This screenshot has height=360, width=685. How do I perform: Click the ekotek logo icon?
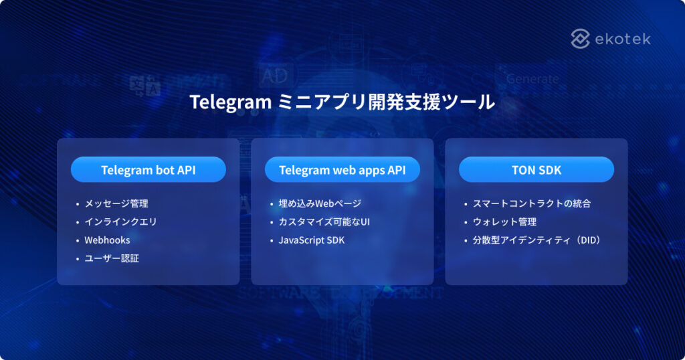[580, 39]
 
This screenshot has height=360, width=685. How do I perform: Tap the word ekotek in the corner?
[622, 39]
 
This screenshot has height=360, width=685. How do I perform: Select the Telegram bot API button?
[148, 170]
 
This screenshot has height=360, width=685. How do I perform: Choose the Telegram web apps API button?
[342, 170]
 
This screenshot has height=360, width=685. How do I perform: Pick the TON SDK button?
[536, 170]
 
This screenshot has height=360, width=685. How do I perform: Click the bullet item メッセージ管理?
[116, 203]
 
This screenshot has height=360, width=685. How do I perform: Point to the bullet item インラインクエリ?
[120, 221]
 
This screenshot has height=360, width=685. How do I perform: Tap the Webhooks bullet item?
[107, 240]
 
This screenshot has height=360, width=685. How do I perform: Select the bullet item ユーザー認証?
[112, 258]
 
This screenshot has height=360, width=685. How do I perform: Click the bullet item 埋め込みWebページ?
[320, 203]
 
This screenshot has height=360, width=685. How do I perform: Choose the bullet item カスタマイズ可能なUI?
[324, 221]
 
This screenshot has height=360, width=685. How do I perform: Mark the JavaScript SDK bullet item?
[312, 240]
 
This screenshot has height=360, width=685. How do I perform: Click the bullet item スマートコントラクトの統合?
[532, 203]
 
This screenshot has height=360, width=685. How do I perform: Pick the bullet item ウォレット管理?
[504, 221]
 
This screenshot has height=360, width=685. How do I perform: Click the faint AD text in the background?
[274, 76]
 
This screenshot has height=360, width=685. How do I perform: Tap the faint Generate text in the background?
[532, 79]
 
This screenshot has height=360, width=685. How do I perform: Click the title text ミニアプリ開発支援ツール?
[386, 102]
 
